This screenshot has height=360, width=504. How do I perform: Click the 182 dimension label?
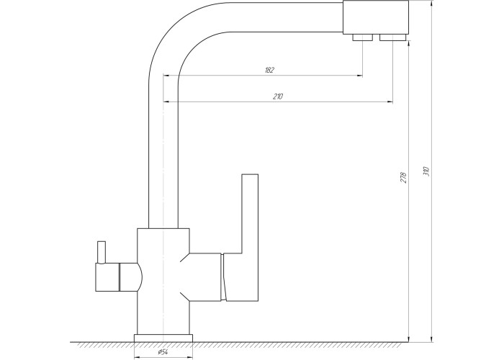[269, 70]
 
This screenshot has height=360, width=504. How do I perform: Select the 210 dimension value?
[278, 96]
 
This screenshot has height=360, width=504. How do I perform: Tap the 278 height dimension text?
[403, 178]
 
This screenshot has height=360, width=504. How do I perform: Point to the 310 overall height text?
[426, 171]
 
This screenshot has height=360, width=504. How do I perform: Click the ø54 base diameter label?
[163, 352]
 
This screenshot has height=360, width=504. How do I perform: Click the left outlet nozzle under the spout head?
[363, 37]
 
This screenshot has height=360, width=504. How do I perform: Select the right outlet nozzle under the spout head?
[392, 37]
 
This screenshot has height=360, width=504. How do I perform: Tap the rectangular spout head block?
[376, 17]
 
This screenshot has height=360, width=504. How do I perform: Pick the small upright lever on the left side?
[102, 252]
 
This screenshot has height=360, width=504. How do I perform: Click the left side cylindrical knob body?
[107, 276]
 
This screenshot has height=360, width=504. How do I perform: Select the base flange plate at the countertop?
[163, 338]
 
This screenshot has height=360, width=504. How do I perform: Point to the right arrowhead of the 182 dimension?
[360, 76]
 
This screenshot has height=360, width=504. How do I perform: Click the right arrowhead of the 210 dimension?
[390, 102]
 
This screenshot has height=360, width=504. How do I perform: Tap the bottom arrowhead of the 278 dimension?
[408, 339]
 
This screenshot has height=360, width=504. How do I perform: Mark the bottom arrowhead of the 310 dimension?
[432, 339]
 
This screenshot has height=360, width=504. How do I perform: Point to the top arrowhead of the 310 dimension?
[432, 4]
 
